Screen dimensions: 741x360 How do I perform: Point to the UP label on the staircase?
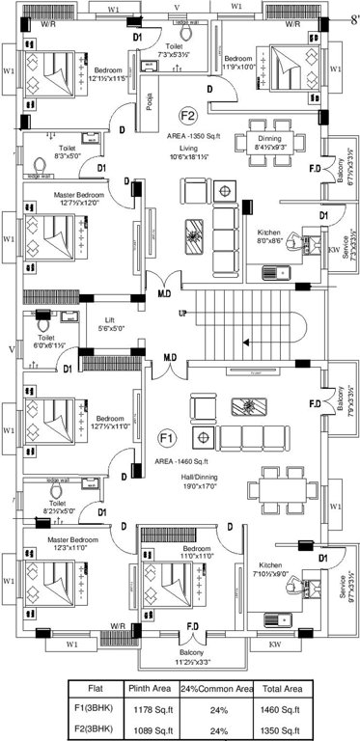(182, 315)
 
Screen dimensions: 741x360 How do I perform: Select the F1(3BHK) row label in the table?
(95, 709)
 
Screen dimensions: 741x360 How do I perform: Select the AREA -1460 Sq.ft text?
(188, 462)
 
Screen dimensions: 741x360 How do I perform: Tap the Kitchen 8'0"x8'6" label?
(270, 238)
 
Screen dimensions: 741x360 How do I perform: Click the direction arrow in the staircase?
(246, 339)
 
